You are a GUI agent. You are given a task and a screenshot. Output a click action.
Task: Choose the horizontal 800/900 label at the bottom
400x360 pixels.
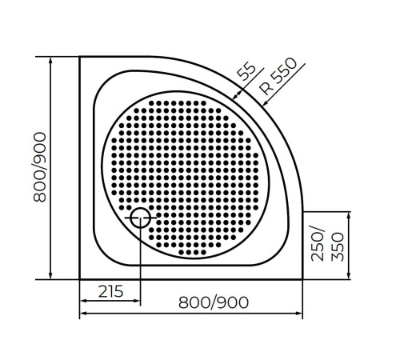coord(214,302)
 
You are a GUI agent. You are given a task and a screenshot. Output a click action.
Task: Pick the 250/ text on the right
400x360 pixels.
coord(319,245)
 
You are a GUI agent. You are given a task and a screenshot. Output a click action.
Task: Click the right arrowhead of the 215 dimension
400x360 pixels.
coord(137,302)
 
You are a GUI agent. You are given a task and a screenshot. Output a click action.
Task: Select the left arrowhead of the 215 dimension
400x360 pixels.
coord(83,302)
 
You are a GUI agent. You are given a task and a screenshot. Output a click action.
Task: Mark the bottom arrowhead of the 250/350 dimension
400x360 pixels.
coord(349,275)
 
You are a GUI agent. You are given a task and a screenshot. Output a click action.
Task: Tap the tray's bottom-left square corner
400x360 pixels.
coord(81,278)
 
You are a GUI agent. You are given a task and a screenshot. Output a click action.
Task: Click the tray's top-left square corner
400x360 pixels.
coord(81,57)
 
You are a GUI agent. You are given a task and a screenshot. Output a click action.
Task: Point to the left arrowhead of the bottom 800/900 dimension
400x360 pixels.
coord(83,313)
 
